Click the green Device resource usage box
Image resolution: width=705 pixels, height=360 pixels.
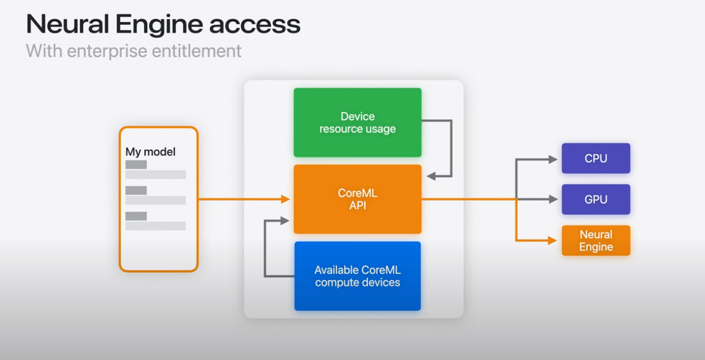tap(357, 122)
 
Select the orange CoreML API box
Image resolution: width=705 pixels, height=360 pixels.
tap(357, 199)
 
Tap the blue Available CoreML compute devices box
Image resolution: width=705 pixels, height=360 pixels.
tap(357, 276)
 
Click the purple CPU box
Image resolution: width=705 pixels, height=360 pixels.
tap(596, 158)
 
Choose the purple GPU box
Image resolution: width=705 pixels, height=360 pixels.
tap(596, 199)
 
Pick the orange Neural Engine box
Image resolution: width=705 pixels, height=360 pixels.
tap(596, 241)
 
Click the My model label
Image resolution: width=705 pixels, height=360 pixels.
tap(150, 152)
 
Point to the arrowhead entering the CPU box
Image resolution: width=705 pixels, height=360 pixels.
tap(553, 160)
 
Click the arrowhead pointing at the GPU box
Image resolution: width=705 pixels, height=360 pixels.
tap(553, 199)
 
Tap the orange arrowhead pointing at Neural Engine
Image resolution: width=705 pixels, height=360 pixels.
tap(552, 241)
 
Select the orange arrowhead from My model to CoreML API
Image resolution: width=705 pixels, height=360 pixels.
tap(285, 199)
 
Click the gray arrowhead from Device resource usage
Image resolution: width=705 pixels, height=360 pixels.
tap(431, 176)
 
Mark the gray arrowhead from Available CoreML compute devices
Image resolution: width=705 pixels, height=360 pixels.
tap(285, 220)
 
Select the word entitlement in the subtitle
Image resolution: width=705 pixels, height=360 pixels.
tap(197, 50)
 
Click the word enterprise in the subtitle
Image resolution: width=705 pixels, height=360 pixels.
tap(107, 52)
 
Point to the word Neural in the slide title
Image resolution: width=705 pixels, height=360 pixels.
tap(68, 24)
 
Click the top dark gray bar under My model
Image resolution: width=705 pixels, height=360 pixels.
tap(136, 165)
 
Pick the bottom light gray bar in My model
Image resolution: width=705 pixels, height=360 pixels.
tap(155, 226)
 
